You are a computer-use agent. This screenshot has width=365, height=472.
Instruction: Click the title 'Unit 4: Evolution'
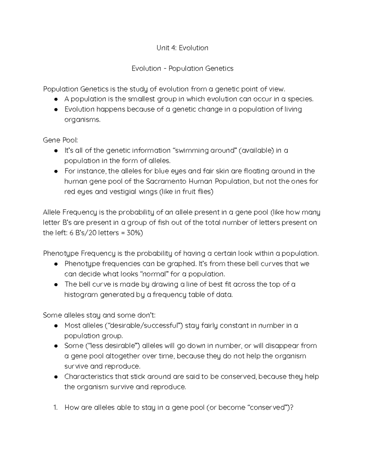(182, 48)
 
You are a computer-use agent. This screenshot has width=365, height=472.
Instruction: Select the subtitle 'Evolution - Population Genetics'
(182, 69)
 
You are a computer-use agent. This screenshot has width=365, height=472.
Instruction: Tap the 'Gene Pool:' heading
(60, 140)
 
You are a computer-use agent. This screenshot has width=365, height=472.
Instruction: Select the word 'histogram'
(80, 295)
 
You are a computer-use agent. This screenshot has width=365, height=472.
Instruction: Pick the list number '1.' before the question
(55, 408)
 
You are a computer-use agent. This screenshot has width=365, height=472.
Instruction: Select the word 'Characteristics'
(89, 377)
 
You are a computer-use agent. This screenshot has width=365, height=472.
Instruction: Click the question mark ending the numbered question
(292, 408)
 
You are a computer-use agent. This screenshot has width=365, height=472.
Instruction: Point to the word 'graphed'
(179, 264)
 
